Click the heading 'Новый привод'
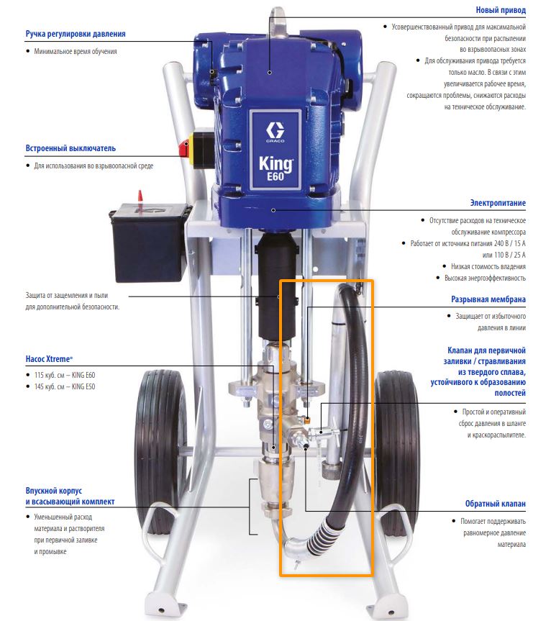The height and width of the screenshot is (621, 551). (501, 10)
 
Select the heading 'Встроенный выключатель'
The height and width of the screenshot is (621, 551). (70, 148)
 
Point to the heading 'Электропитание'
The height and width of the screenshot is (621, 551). (498, 203)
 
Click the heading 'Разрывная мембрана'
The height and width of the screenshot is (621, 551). (488, 299)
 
